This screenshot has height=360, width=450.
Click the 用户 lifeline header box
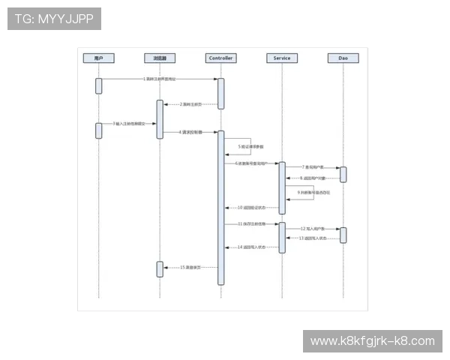point(98,58)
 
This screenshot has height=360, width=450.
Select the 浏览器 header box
point(160,58)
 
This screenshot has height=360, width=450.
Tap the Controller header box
point(221,58)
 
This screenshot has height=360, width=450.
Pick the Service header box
point(282,58)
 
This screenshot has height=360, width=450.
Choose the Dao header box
point(343,58)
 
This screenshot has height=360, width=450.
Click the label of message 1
point(160,78)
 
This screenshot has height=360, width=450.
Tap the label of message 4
point(190,132)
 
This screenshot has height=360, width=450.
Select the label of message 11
point(252,223)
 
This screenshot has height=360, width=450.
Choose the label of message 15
point(190,267)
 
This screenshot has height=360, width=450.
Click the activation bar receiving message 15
point(160,268)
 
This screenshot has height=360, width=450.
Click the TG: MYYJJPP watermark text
point(54,18)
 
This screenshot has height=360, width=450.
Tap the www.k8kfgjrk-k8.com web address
point(372,341)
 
